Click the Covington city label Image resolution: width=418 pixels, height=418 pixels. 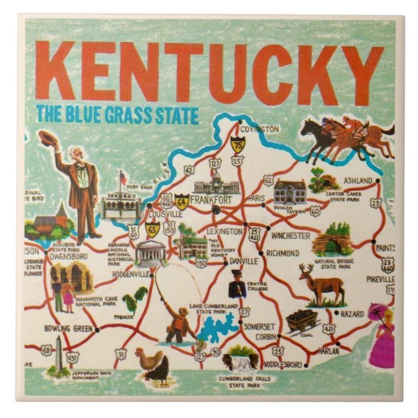point(262,129)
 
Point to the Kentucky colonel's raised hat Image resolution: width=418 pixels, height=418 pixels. point(45,138)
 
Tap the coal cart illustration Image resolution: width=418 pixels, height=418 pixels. point(302,320)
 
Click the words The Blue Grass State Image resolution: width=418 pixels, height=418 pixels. point(117,117)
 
